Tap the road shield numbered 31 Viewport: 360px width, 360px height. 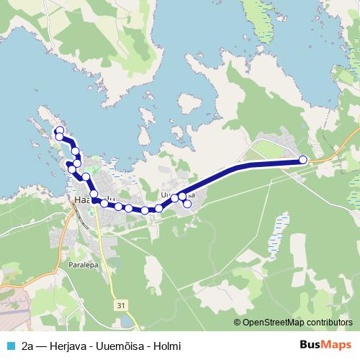pyautogui.click(x=120, y=306)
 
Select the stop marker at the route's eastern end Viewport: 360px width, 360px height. pyautogui.click(x=303, y=160)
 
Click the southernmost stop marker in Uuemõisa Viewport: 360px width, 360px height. pyautogui.click(x=187, y=204)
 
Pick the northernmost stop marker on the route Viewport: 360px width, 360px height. pyautogui.click(x=60, y=130)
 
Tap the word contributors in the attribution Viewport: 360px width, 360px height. pyautogui.click(x=330, y=323)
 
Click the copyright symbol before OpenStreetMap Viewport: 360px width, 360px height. pyautogui.click(x=237, y=323)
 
